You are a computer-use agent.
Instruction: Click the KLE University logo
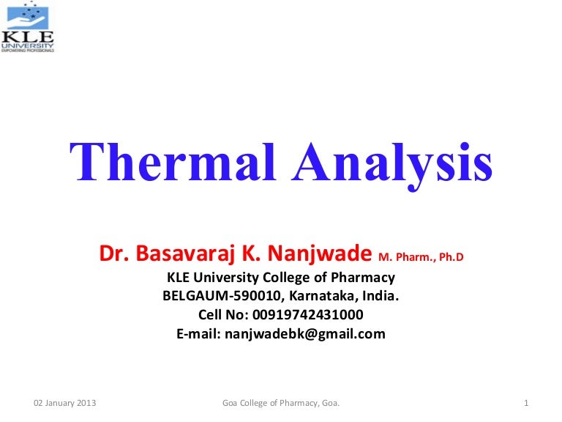(x=28, y=26)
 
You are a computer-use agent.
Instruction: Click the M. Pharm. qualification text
(x=405, y=257)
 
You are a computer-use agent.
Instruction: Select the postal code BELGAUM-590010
(x=223, y=297)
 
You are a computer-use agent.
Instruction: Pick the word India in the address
(x=381, y=297)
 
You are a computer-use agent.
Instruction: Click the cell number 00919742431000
(x=307, y=315)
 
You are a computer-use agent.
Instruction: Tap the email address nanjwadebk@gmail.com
(x=304, y=334)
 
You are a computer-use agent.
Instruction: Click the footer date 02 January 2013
(x=66, y=404)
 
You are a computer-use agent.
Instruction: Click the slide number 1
(x=527, y=404)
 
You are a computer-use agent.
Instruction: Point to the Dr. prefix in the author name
(x=113, y=254)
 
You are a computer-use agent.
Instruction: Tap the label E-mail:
(x=198, y=334)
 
